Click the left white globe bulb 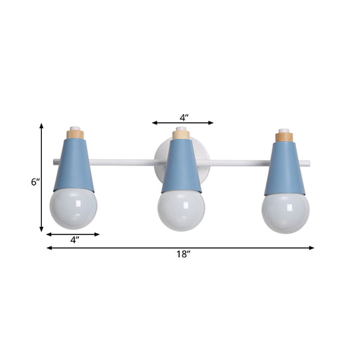pos(73,208)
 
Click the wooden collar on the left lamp pos(76,134)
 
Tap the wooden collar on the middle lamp pos(181,135)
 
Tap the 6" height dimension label pos(36,182)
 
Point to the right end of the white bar pos(309,162)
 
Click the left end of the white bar pos(53,161)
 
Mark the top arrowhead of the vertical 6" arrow pos(42,126)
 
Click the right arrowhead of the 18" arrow pos(312,248)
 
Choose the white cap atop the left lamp pos(76,127)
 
